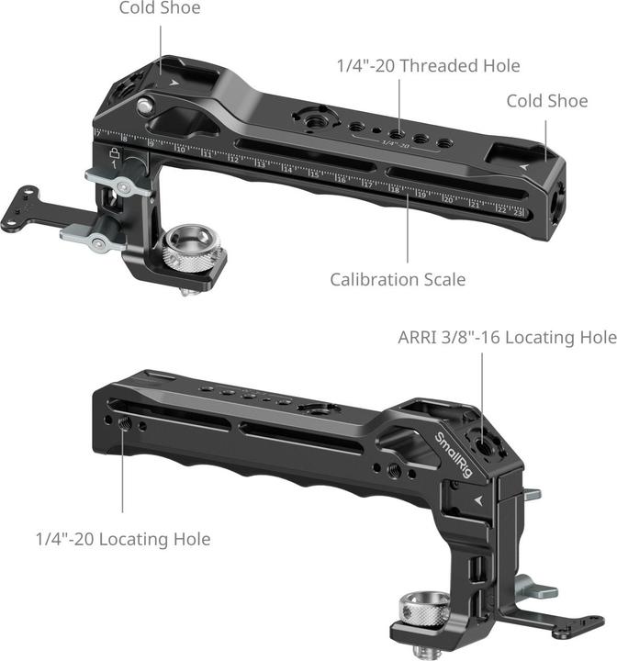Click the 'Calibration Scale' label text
pyautogui.click(x=398, y=278)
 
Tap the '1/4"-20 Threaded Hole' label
pyautogui.click(x=427, y=65)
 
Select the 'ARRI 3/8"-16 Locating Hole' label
pyautogui.click(x=507, y=338)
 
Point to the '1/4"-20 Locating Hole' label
pyautogui.click(x=123, y=539)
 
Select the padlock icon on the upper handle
pyautogui.click(x=115, y=152)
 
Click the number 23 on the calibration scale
pyautogui.click(x=519, y=212)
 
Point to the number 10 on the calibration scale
pyautogui.click(x=181, y=149)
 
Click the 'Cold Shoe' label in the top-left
pyautogui.click(x=160, y=8)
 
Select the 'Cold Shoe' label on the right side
pyautogui.click(x=547, y=101)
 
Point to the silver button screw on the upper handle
pyautogui.click(x=144, y=106)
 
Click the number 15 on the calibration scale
pyautogui.click(x=315, y=174)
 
